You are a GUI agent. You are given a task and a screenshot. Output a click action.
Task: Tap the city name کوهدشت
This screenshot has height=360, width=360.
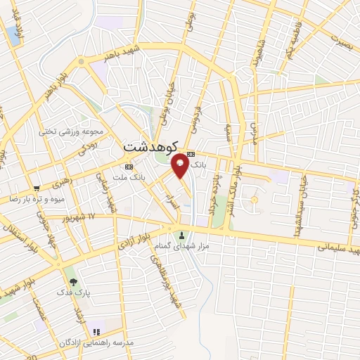148,147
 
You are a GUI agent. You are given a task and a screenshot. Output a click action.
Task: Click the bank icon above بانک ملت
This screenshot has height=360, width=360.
128,167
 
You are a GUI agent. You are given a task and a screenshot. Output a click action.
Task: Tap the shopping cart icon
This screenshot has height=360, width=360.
36,188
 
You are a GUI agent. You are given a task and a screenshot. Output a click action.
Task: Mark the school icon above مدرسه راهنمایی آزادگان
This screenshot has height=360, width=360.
96,331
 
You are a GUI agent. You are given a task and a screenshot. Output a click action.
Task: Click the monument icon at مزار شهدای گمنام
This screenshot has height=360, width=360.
184,236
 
